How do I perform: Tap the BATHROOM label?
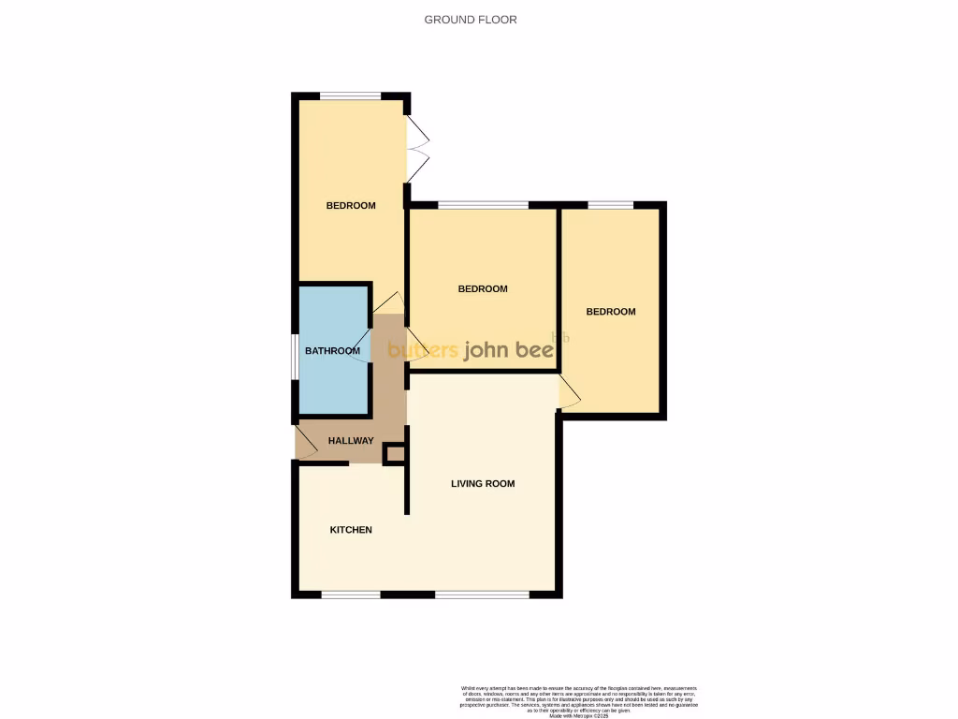click(332, 351)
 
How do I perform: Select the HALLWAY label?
click(351, 441)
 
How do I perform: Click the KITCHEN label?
click(351, 530)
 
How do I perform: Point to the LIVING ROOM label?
click(483, 484)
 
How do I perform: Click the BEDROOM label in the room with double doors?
click(351, 206)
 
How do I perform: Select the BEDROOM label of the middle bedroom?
click(483, 289)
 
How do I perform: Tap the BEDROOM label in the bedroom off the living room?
click(611, 312)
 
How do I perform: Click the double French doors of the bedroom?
click(417, 150)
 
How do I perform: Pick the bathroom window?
click(294, 357)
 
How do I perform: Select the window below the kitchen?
click(351, 594)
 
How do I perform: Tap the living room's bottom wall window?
click(482, 594)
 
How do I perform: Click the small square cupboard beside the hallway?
click(395, 455)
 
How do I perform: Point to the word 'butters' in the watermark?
click(423, 351)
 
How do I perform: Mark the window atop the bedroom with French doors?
click(351, 95)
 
